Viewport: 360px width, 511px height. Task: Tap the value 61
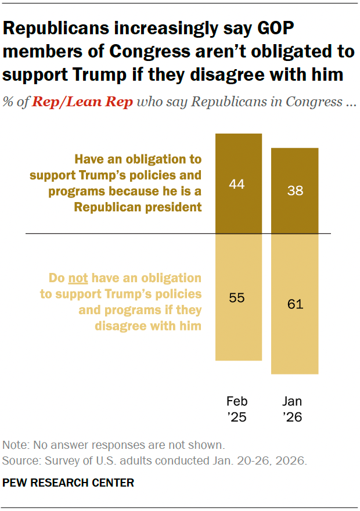coord(295,304)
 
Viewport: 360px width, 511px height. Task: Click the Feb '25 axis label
coord(237,408)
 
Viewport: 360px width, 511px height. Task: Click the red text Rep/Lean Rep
coord(82,102)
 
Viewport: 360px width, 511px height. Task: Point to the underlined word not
coord(78,278)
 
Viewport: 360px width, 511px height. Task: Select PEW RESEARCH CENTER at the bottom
coord(69,483)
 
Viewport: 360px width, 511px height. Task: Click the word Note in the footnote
coord(14,445)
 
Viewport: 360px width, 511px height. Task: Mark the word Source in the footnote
coord(20,461)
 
